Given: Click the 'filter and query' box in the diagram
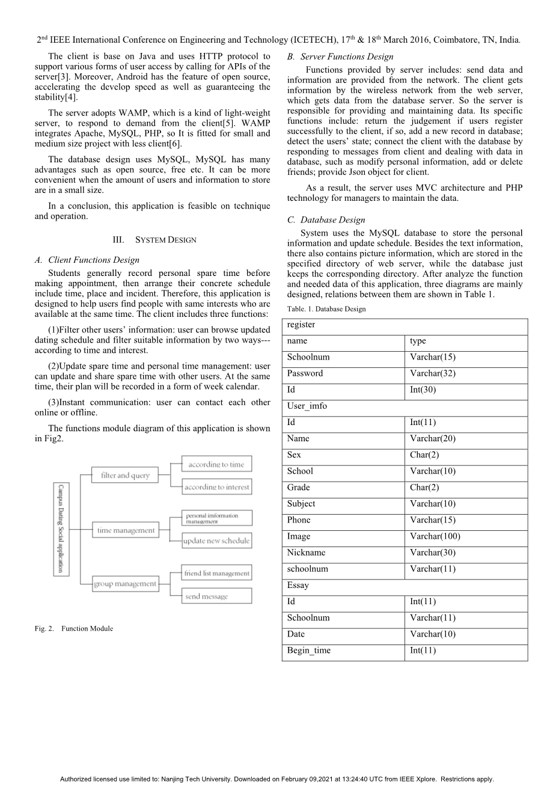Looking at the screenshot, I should click(x=125, y=475).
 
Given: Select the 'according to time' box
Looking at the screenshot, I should click(x=216, y=464).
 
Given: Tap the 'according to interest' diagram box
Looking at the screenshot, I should click(x=216, y=487).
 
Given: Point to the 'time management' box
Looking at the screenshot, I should click(x=125, y=530).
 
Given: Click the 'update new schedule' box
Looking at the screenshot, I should click(x=216, y=540).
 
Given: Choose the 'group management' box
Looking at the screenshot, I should click(x=125, y=584).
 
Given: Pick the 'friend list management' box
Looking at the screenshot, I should click(x=216, y=573).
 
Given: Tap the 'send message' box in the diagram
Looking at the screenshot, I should click(x=216, y=596).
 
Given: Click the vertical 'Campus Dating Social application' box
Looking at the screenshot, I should click(x=61, y=529).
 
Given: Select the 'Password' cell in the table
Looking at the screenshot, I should click(x=305, y=373).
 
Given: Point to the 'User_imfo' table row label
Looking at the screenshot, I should click(x=307, y=406).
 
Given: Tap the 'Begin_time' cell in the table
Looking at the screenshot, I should click(x=309, y=651).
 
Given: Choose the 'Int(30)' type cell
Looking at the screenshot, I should click(x=423, y=390).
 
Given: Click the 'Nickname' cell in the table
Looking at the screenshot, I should click(x=306, y=553).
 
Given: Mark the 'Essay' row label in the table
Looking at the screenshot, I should click(x=298, y=585).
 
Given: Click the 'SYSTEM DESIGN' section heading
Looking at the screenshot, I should click(x=154, y=240).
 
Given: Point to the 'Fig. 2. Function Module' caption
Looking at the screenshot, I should click(x=74, y=628).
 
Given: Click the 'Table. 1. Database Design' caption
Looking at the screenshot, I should click(x=326, y=309).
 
